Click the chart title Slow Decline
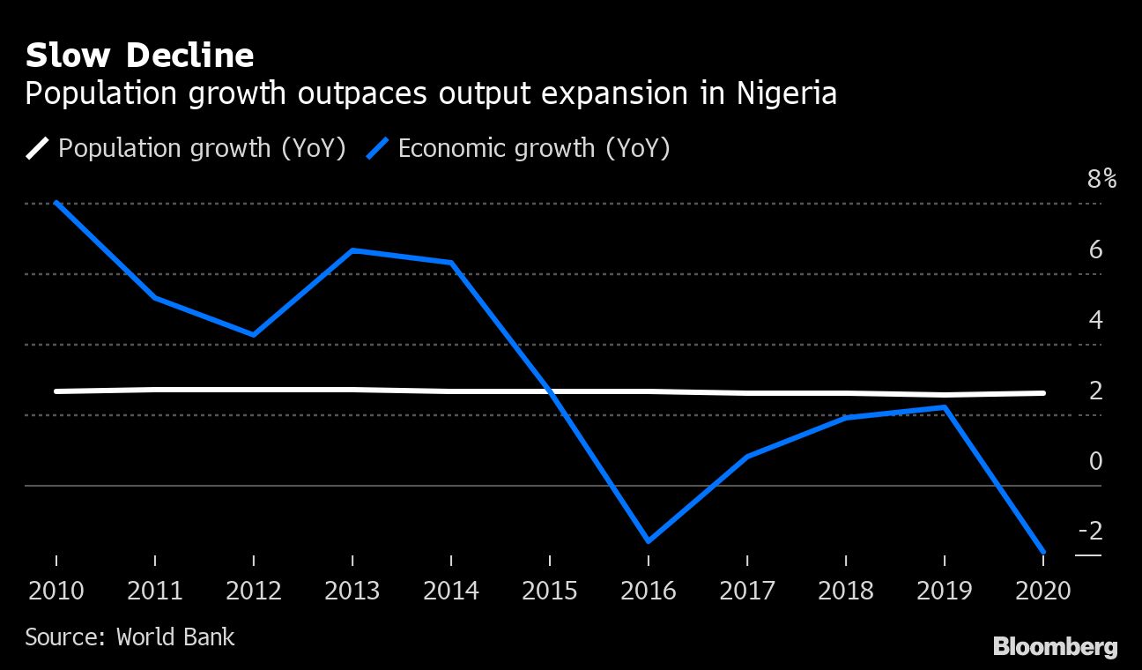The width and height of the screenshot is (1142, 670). tap(139, 56)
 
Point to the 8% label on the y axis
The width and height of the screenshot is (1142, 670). tap(1101, 180)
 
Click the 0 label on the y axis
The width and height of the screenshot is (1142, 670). tap(1095, 461)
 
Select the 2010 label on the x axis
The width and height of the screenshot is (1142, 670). tap(56, 590)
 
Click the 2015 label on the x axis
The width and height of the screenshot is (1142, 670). tap(550, 590)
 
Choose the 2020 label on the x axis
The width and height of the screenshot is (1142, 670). tap(1043, 590)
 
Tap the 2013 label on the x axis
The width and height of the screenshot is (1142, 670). tap(352, 590)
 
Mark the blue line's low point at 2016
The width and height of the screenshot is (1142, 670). tap(649, 541)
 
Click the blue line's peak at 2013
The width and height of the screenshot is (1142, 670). tap(352, 250)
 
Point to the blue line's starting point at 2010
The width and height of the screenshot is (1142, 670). tap(56, 203)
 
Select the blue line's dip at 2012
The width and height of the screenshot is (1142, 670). tap(254, 335)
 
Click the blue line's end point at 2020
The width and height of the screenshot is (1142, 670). tap(1043, 552)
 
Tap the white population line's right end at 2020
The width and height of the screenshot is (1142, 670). tap(1043, 393)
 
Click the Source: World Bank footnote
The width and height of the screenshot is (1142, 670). tap(130, 636)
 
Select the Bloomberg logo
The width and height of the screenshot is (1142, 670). tap(1055, 647)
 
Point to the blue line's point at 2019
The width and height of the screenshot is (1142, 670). tap(945, 407)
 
